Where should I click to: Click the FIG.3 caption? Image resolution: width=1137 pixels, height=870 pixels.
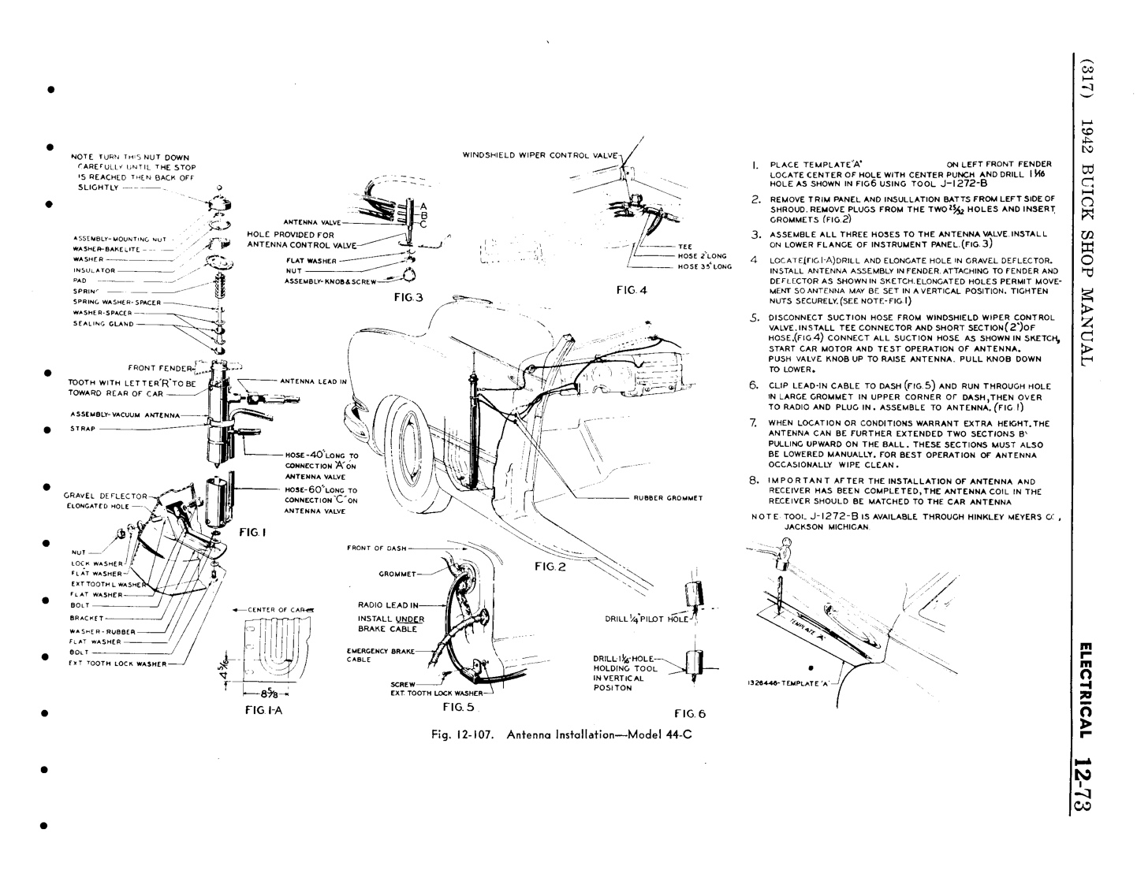pos(408,297)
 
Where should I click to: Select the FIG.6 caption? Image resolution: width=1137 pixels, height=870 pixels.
pos(690,714)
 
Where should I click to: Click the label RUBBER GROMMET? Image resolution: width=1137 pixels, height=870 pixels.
pos(668,498)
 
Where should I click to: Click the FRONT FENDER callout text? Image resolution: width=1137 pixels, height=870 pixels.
pos(160,367)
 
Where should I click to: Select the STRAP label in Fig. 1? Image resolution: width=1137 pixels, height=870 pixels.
pos(82,429)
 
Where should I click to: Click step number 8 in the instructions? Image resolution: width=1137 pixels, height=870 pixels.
pos(754,481)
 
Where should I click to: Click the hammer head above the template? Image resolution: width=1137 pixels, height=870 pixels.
pos(789,544)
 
